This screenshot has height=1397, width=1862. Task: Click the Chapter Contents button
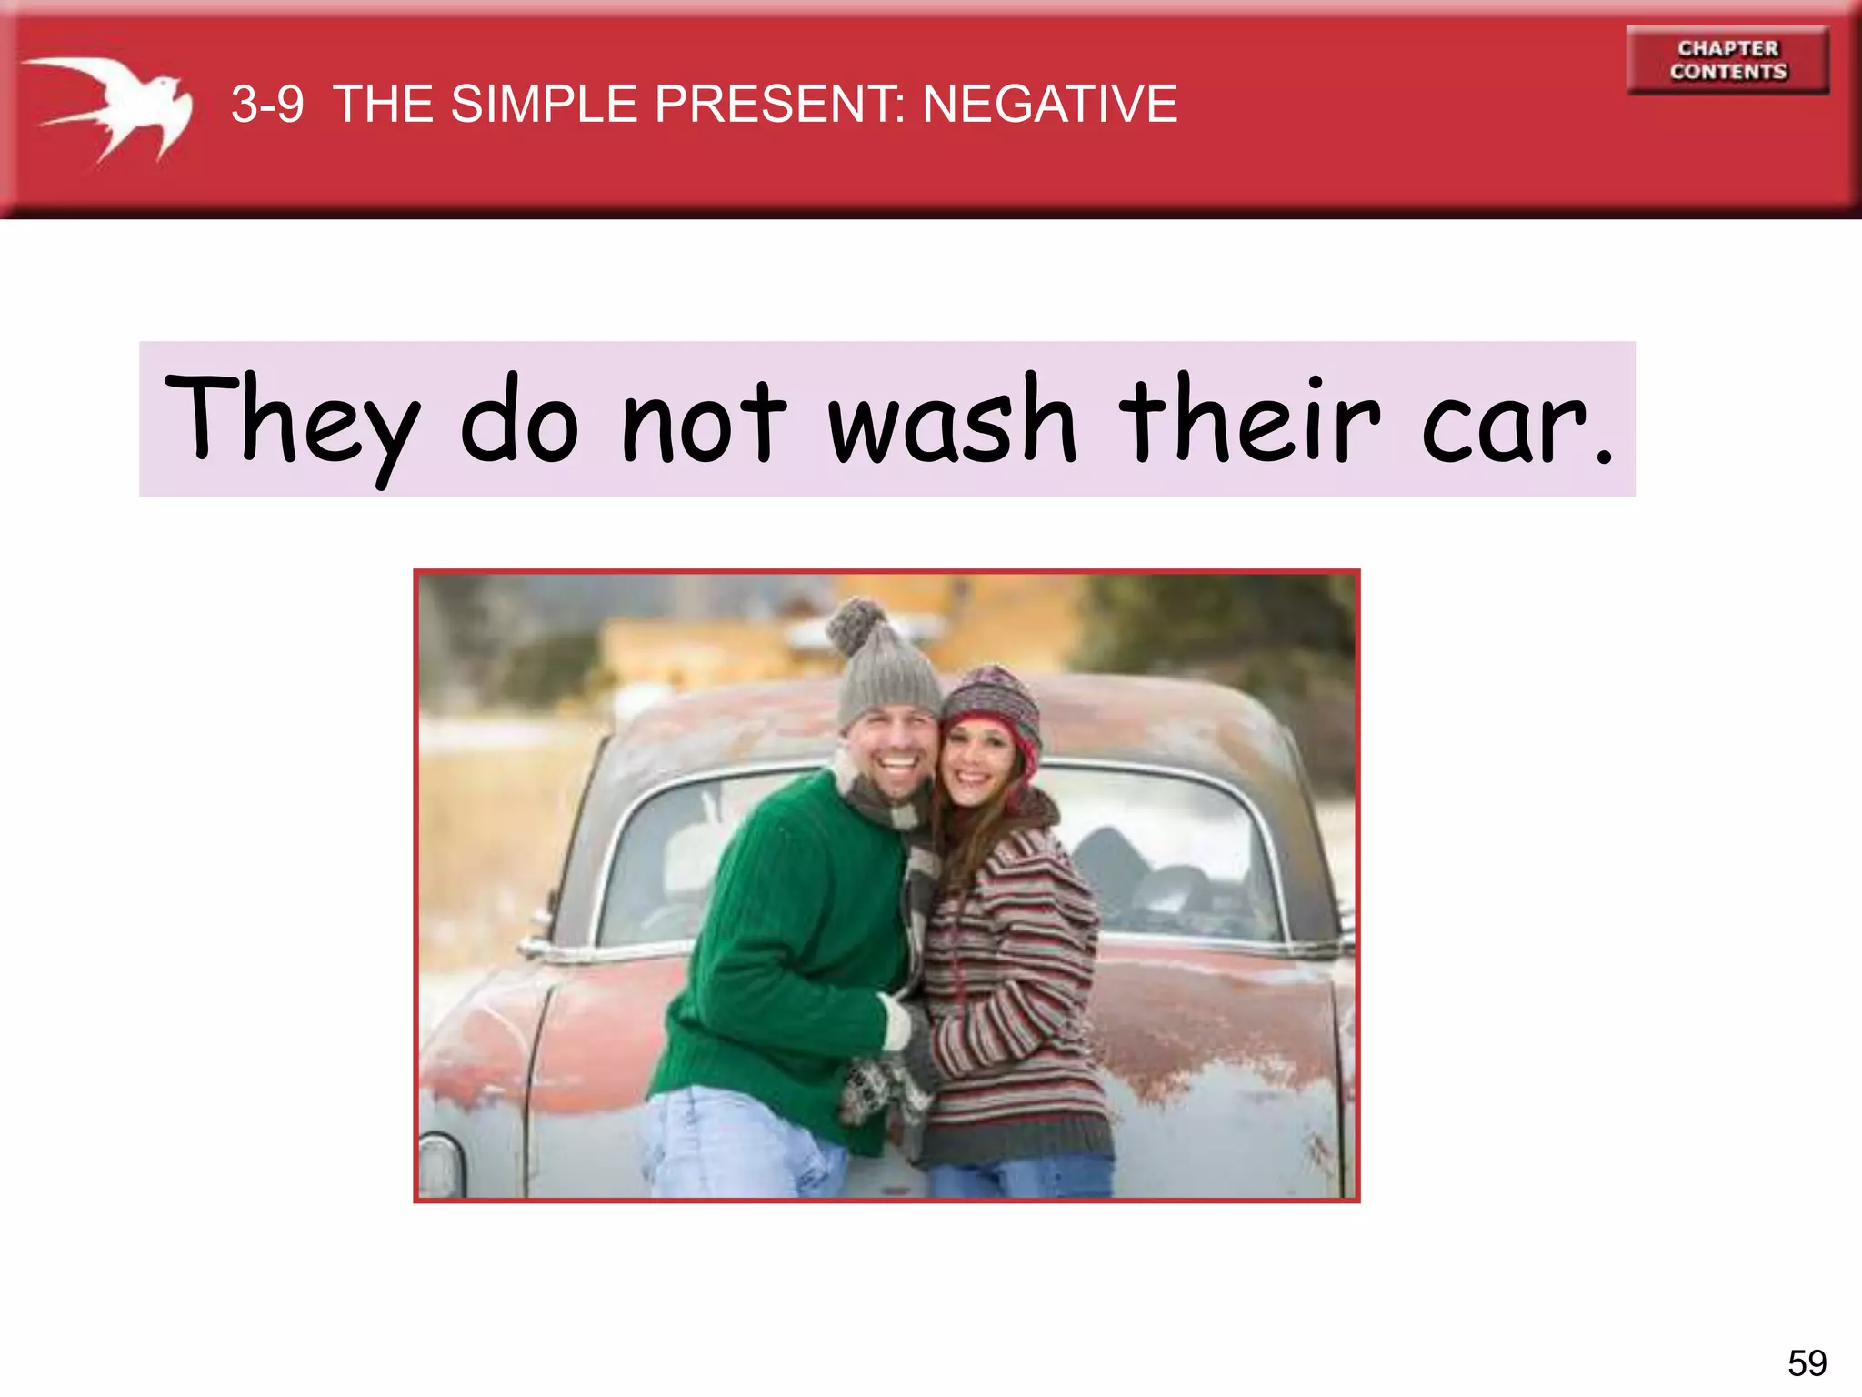point(1727,60)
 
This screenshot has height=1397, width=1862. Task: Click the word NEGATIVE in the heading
point(1050,104)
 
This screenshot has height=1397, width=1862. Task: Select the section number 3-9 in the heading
point(267,104)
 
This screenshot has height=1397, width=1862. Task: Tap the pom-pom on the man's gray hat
point(856,626)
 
